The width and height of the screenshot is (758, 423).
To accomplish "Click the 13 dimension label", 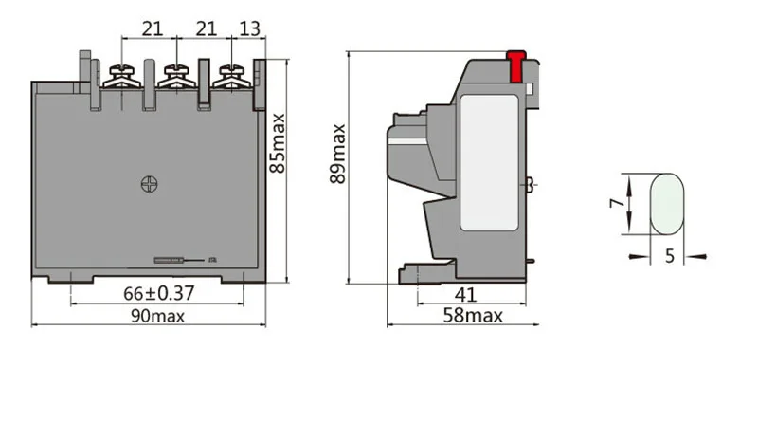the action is pyautogui.click(x=250, y=29).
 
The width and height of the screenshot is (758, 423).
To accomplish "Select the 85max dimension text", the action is pyautogui.click(x=278, y=144).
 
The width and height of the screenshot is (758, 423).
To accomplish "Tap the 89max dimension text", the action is pyautogui.click(x=338, y=154).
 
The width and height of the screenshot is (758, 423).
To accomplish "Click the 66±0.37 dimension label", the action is pyautogui.click(x=158, y=293).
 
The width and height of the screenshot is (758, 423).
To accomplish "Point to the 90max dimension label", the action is pyautogui.click(x=158, y=316).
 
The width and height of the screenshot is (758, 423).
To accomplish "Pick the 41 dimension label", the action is pyautogui.click(x=465, y=294).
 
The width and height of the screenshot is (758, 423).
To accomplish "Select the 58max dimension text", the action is pyautogui.click(x=473, y=316).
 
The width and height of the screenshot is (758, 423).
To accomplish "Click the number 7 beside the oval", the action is pyautogui.click(x=618, y=201).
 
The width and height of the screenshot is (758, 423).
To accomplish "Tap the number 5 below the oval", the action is pyautogui.click(x=669, y=256).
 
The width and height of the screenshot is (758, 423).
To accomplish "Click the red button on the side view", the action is pyautogui.click(x=515, y=66).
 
